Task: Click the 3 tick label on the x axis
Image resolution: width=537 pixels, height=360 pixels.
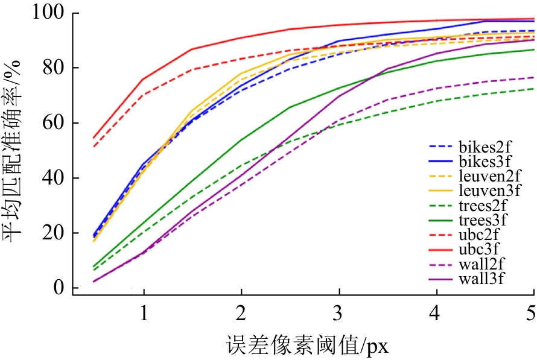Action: click(339, 312)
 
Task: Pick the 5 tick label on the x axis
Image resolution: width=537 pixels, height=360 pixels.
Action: click(531, 312)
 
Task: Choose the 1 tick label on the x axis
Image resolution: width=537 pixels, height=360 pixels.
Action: click(144, 312)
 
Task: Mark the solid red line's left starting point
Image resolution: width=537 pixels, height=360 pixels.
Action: click(94, 138)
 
